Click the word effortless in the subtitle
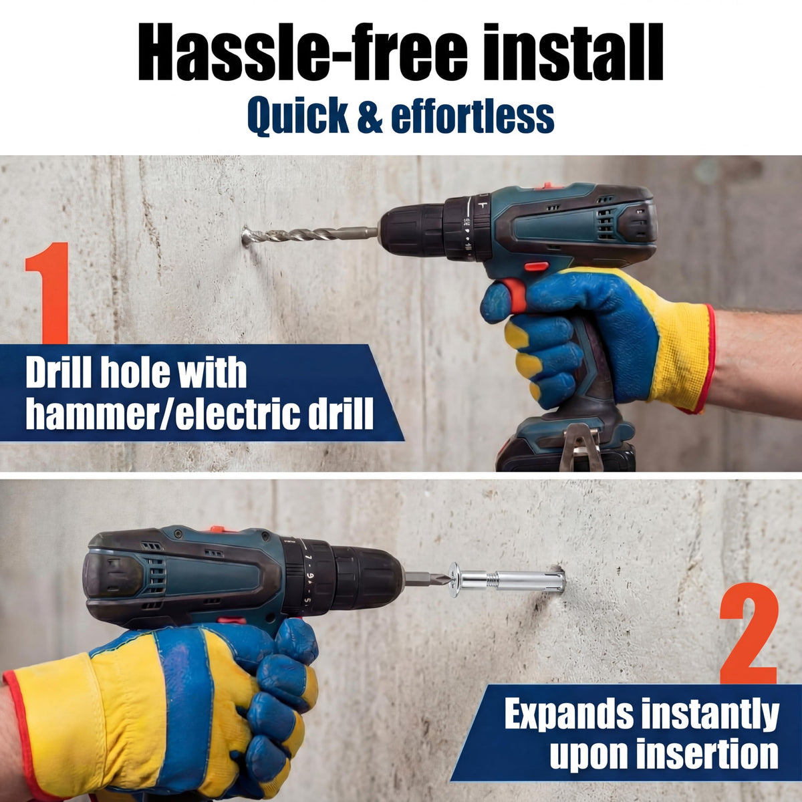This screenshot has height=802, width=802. pos(473,115)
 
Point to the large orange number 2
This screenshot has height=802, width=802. pos(749,633)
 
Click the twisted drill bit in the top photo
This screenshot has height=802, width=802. pos(310,236)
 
